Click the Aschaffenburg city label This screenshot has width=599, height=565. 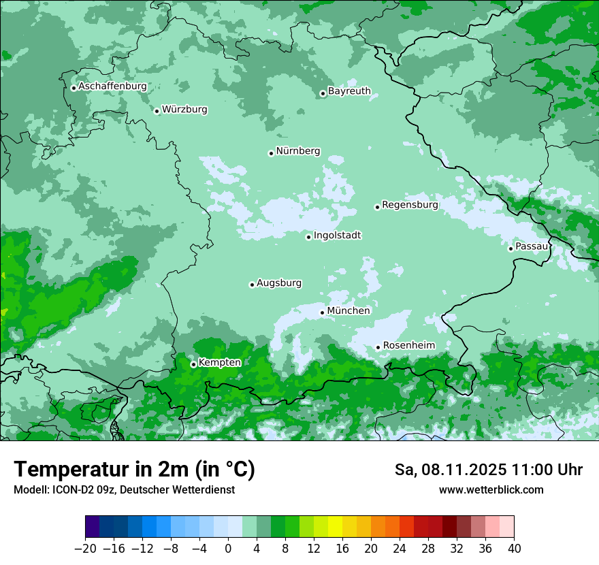(112, 86)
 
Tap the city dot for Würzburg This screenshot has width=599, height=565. (157, 111)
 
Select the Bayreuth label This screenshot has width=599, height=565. (349, 91)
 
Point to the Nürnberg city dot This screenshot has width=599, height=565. (271, 153)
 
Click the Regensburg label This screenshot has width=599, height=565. (410, 204)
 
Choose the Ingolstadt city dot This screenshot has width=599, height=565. (308, 237)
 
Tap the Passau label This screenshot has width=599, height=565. (532, 246)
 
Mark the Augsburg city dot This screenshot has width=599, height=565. (252, 285)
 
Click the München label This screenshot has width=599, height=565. (349, 310)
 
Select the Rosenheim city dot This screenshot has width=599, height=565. (378, 347)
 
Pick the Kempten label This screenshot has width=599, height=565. (219, 362)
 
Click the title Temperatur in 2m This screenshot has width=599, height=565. (134, 470)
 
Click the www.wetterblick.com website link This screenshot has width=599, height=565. (491, 489)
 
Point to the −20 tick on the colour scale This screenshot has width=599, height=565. (85, 548)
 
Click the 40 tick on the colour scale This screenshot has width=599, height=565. (514, 548)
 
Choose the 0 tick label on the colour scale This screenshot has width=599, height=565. (228, 548)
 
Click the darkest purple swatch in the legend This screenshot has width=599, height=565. (93, 527)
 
